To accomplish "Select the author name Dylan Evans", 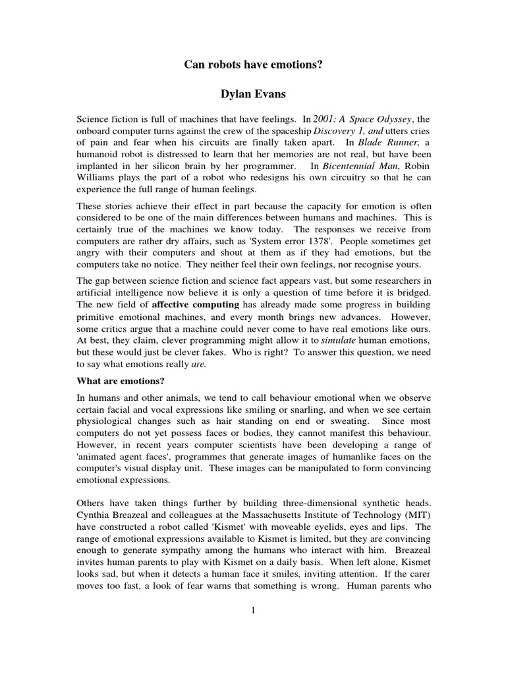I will [253, 95].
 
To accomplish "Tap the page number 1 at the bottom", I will [253, 610].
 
